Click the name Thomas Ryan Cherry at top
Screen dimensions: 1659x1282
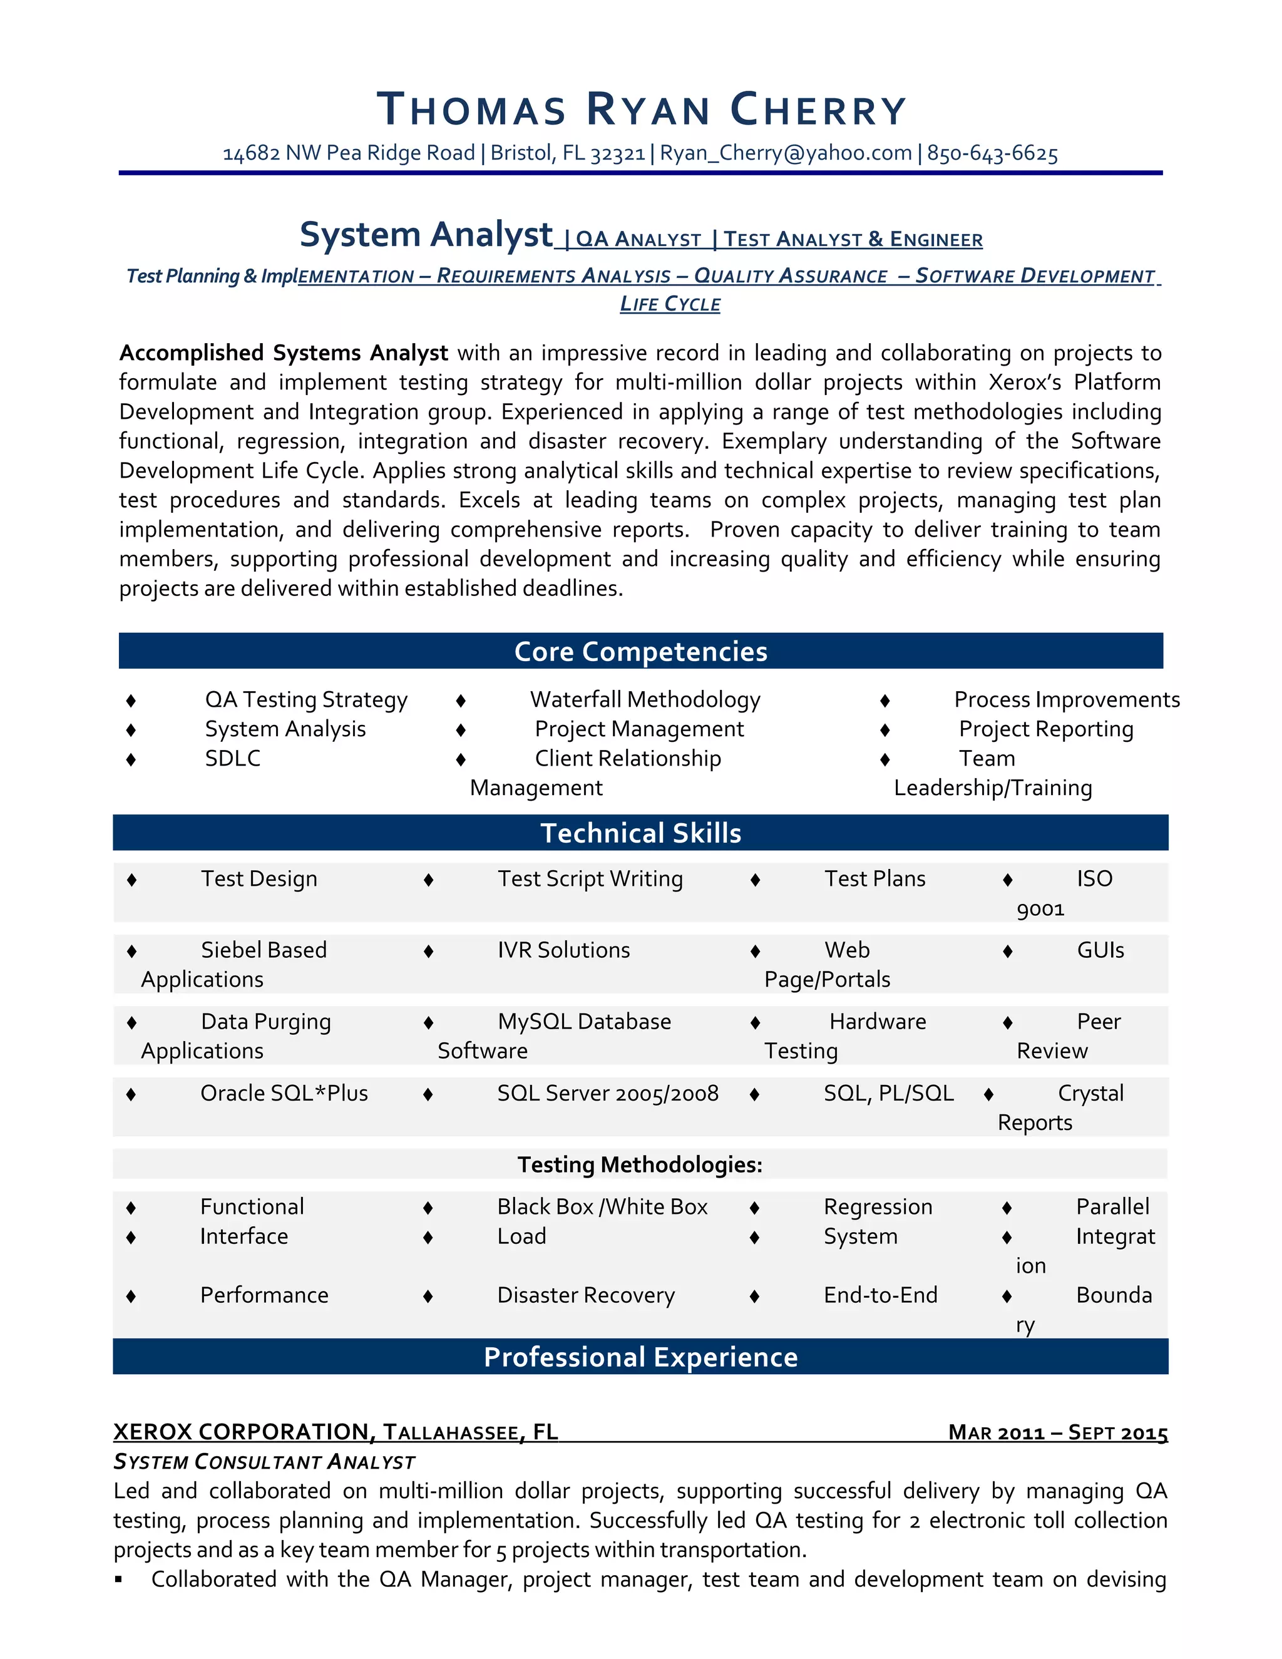pos(641,110)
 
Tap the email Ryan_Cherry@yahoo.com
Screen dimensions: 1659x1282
pos(786,153)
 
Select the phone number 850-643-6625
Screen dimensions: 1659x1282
pos(992,153)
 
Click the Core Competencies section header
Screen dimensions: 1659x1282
pos(641,651)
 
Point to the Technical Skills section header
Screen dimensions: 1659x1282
pos(641,833)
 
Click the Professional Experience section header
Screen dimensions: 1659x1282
pos(641,1357)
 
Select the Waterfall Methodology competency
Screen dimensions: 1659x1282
pos(645,699)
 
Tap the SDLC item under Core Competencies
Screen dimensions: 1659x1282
pos(232,758)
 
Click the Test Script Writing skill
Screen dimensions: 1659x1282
pos(590,879)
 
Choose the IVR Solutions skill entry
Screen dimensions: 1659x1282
pos(563,950)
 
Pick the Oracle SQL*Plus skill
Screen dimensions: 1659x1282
pos(284,1093)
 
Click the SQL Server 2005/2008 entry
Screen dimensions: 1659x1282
pos(608,1093)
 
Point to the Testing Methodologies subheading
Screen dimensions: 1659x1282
pos(640,1164)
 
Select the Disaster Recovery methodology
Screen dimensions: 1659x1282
pos(585,1295)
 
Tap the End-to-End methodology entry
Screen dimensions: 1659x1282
pos(880,1295)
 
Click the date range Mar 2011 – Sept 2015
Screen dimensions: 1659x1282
pos(1057,1432)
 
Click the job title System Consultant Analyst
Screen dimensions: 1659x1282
pos(264,1462)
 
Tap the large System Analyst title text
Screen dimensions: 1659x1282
pos(426,235)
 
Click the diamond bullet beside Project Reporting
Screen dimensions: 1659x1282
pos(885,730)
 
